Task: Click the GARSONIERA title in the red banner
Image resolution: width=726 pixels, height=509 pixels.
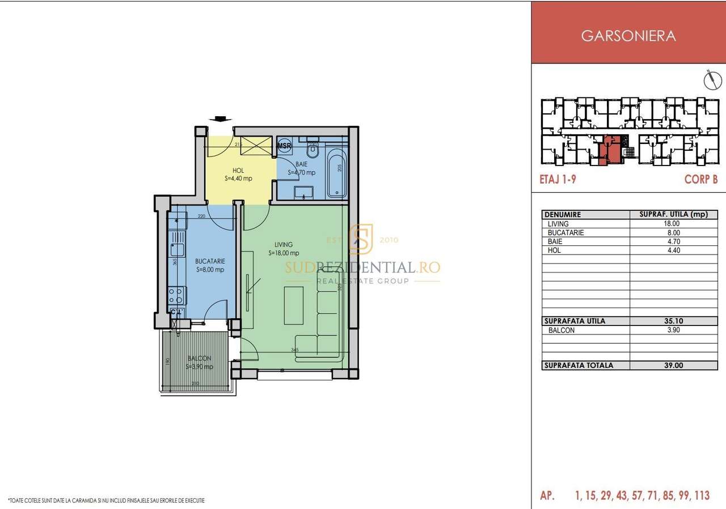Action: pyautogui.click(x=628, y=36)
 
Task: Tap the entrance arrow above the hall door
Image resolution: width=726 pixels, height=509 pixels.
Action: pyautogui.click(x=220, y=119)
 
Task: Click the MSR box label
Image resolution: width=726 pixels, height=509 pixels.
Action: pyautogui.click(x=284, y=146)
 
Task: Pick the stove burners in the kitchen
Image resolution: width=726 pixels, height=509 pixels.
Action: pyautogui.click(x=176, y=295)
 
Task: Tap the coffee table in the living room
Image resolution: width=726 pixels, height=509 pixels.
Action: pyautogui.click(x=293, y=305)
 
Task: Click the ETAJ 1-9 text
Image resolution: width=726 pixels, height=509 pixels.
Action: pyautogui.click(x=558, y=179)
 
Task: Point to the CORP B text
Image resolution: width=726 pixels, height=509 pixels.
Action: pyautogui.click(x=701, y=179)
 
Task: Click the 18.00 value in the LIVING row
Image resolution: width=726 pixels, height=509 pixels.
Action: pyautogui.click(x=673, y=224)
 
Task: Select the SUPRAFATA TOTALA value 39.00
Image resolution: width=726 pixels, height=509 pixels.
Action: pyautogui.click(x=673, y=366)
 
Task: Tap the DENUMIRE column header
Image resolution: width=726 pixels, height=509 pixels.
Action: pyautogui.click(x=563, y=215)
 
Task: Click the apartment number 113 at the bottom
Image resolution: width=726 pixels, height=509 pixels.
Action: pyautogui.click(x=700, y=496)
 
